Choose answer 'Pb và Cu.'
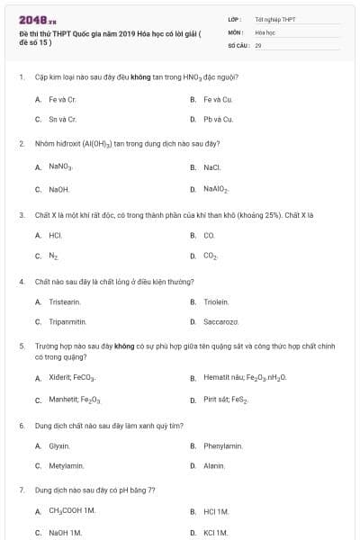[218, 119]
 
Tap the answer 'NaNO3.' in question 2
[60, 166]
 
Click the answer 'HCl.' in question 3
[55, 235]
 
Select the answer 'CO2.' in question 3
[211, 256]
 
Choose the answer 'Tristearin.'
[65, 301]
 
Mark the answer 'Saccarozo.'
[220, 321]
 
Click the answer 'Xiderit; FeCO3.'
[73, 378]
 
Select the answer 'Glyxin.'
[59, 445]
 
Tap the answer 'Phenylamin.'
[222, 445]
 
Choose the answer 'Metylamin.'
[66, 465]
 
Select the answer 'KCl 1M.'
[216, 533]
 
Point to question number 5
[21, 345]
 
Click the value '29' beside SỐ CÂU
[258, 44]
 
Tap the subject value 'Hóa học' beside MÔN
[265, 31]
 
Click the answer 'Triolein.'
[216, 301]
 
